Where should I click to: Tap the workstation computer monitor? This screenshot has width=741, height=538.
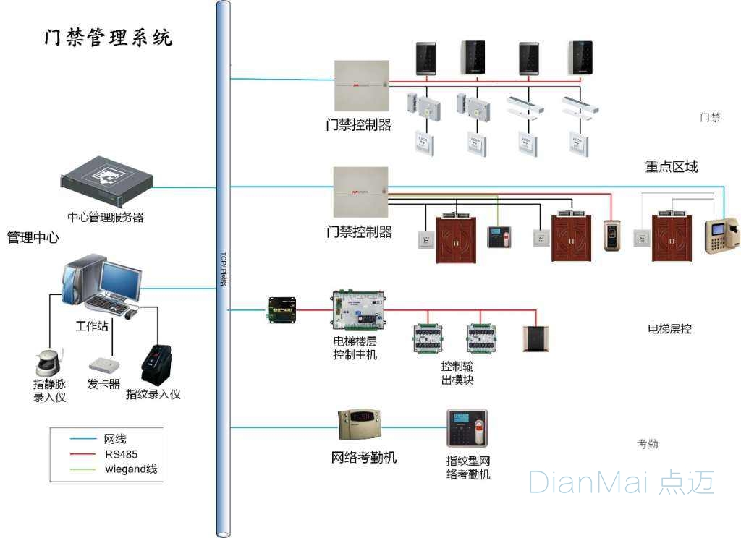(120, 281)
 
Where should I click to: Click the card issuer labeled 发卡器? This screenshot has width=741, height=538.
(103, 364)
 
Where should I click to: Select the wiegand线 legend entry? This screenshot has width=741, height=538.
(130, 469)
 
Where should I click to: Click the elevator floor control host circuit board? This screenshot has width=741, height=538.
(358, 310)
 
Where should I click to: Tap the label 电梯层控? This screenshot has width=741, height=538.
(669, 329)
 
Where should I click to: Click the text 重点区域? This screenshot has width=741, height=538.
(672, 166)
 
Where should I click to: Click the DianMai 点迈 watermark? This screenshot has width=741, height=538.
(621, 482)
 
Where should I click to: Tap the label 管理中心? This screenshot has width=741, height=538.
(33, 237)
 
